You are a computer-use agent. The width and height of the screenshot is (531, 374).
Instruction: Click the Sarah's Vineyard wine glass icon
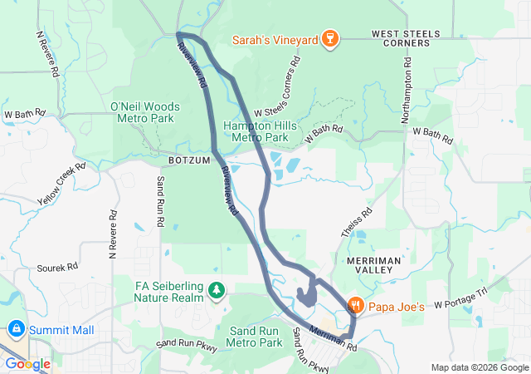[329, 38]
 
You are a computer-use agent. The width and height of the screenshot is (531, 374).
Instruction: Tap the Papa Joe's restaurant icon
[355, 306]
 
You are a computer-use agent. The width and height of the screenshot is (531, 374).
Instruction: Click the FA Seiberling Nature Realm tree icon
[217, 289]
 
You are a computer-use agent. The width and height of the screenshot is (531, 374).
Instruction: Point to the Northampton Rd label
[407, 92]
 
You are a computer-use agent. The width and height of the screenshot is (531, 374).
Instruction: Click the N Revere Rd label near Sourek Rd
[112, 233]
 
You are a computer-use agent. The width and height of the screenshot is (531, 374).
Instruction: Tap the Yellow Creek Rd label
[61, 185]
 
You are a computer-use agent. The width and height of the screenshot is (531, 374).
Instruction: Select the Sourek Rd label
[57, 268]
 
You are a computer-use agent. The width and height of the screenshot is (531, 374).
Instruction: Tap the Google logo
[28, 364]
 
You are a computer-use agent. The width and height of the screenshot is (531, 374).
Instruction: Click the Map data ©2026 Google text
[479, 367]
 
